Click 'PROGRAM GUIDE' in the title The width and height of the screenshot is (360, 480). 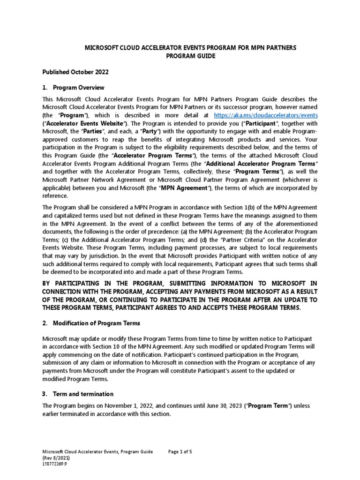(x=180, y=56)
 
